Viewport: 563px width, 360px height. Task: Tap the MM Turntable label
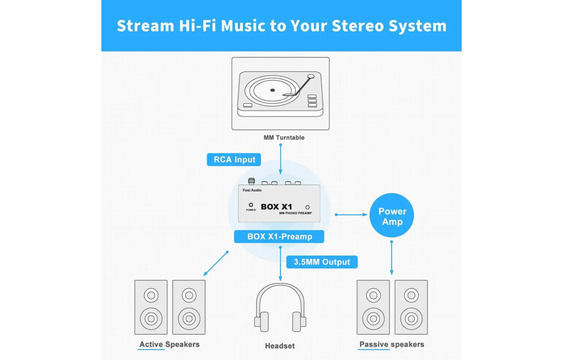tap(284, 137)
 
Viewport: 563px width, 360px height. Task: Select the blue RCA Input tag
tap(234, 159)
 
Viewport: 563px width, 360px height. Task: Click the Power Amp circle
tap(392, 216)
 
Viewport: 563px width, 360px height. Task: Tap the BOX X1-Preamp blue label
tap(279, 236)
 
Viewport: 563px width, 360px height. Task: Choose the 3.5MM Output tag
tap(322, 262)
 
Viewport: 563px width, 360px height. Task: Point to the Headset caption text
tap(280, 346)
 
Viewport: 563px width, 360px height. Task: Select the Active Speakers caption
tap(169, 345)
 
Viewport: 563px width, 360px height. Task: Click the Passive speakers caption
tap(391, 345)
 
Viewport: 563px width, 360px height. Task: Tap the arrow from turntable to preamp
tap(280, 159)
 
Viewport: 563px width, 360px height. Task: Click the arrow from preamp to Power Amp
tap(351, 214)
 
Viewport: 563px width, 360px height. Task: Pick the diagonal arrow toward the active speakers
tap(216, 264)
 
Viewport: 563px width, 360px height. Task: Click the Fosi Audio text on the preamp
tap(252, 190)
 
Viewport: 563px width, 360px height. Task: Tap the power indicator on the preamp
tap(251, 205)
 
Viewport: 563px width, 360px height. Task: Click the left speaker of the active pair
tap(151, 307)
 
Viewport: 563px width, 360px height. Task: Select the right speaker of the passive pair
tap(411, 307)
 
